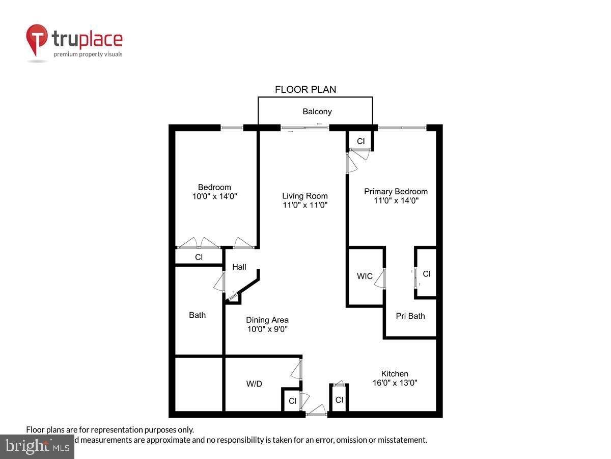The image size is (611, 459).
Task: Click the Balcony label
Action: pos(317,111)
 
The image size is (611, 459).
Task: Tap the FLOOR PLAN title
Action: pos(305,89)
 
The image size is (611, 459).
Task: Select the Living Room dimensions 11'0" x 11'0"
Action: pos(305,205)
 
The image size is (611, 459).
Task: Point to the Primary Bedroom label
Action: pos(396,191)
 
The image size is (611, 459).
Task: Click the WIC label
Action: pos(365,276)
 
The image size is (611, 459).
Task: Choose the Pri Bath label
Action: pos(410,316)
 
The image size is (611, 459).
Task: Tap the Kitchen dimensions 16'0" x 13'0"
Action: pos(395,383)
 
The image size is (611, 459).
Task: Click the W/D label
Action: pos(254,384)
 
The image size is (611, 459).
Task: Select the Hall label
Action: pos(239,267)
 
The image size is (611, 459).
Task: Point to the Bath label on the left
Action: pos(198,315)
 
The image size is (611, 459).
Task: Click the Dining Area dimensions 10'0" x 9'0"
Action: pos(267,329)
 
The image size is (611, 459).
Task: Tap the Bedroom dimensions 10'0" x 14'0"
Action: pos(214,196)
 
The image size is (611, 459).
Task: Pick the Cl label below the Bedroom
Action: pos(199,257)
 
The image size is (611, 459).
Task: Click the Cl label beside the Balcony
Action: pos(360,141)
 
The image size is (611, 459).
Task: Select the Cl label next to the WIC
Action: pos(427,274)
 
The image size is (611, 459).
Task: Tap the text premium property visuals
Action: pos(88,54)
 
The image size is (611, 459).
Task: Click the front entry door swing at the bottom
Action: pos(317,410)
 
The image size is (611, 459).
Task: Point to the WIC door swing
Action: pos(380,280)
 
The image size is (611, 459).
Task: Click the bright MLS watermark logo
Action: pos(37,446)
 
